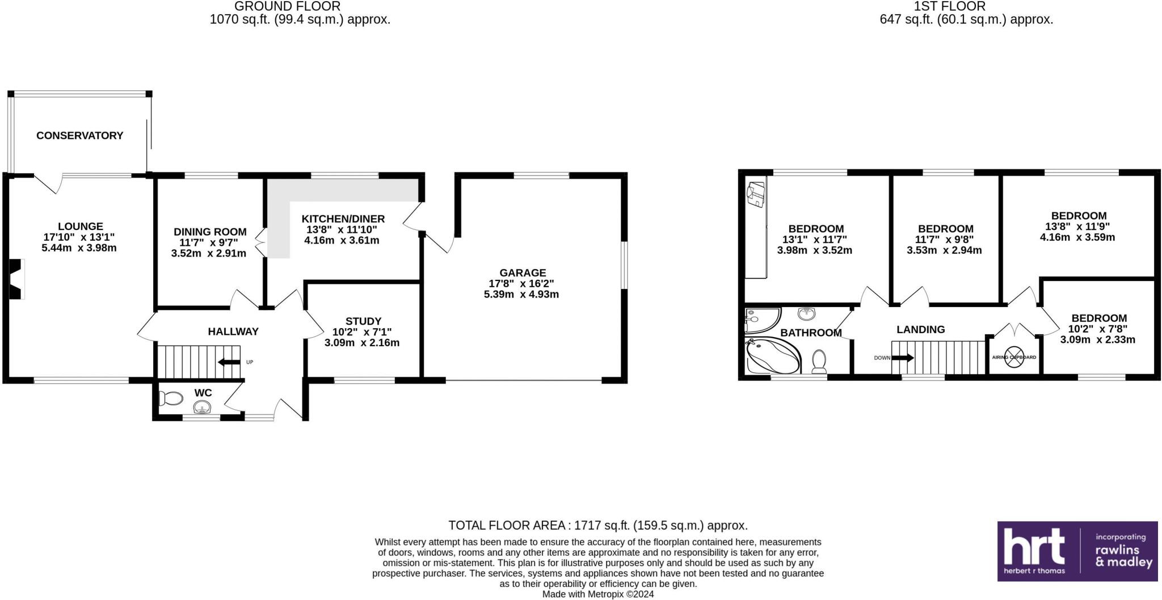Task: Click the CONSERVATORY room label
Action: click(79, 136)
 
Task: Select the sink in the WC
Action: click(203, 407)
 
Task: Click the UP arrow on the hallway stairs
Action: click(229, 362)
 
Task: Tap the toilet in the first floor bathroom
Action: click(819, 362)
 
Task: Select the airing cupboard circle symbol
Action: click(1014, 357)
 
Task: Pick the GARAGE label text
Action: click(523, 273)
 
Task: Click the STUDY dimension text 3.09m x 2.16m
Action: click(362, 343)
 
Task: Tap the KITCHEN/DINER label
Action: click(343, 219)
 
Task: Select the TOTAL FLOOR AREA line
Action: click(597, 526)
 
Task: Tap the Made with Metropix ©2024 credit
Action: click(597, 594)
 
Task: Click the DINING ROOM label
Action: click(210, 232)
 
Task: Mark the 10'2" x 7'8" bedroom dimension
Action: click(1098, 329)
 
